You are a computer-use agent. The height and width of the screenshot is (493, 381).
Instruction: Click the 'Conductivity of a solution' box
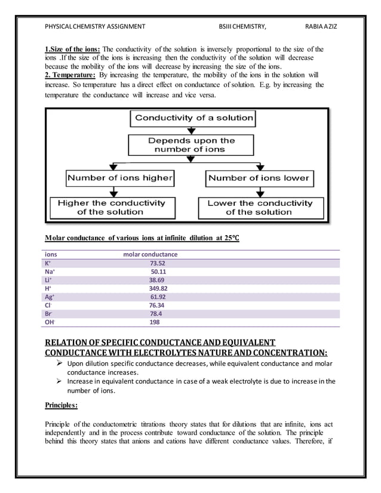(x=193, y=118)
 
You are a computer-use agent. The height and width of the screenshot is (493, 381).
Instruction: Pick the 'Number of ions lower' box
(x=259, y=178)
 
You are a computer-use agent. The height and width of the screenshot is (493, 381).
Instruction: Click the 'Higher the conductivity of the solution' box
(x=110, y=207)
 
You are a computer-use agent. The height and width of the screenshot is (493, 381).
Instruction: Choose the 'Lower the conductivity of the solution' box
(x=259, y=207)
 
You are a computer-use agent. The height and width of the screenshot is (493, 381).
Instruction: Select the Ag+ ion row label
(x=49, y=297)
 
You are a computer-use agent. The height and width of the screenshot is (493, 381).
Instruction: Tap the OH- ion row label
(x=50, y=322)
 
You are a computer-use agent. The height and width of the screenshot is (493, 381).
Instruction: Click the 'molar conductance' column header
(x=150, y=254)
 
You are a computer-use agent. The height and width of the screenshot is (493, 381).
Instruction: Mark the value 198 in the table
(x=154, y=322)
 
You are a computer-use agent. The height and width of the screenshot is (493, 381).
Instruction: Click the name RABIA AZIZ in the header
(x=321, y=26)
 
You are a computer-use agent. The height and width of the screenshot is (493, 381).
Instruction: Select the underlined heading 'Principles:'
(x=62, y=405)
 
